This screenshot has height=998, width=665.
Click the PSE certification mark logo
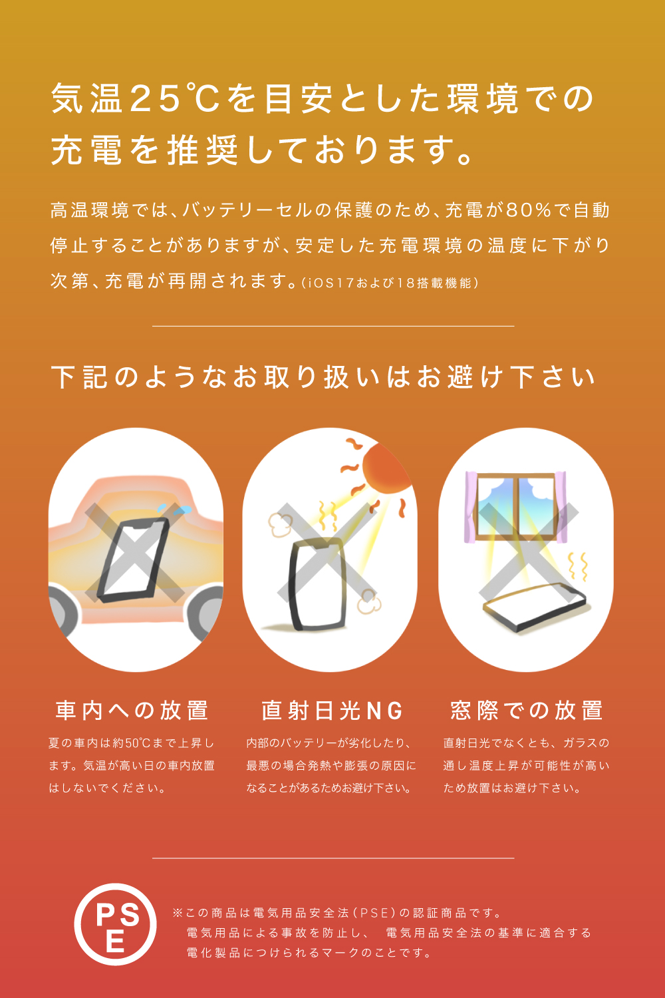point(115,924)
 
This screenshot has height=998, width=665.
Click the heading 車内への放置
point(132,710)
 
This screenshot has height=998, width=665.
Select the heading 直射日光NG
point(332,710)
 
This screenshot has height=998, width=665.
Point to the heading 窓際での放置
point(527,710)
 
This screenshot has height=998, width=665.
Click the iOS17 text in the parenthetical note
point(330,283)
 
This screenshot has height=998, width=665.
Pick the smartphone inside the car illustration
point(133,560)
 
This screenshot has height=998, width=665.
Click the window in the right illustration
point(516,507)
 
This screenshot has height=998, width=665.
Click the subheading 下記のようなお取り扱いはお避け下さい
point(323,377)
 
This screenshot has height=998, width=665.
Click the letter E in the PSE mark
point(115,941)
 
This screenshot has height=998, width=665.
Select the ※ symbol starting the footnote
point(178,913)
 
